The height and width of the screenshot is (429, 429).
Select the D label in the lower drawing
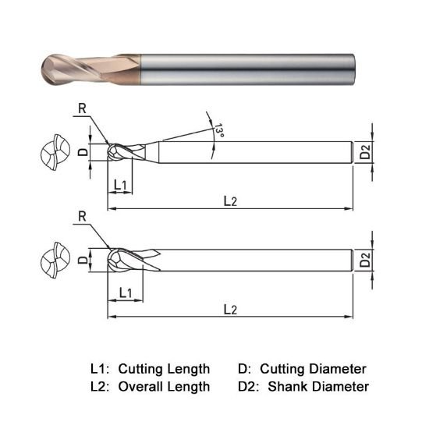click(x=83, y=259)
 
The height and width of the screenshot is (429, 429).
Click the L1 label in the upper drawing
click(x=121, y=184)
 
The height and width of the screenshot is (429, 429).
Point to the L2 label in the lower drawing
click(x=230, y=309)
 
